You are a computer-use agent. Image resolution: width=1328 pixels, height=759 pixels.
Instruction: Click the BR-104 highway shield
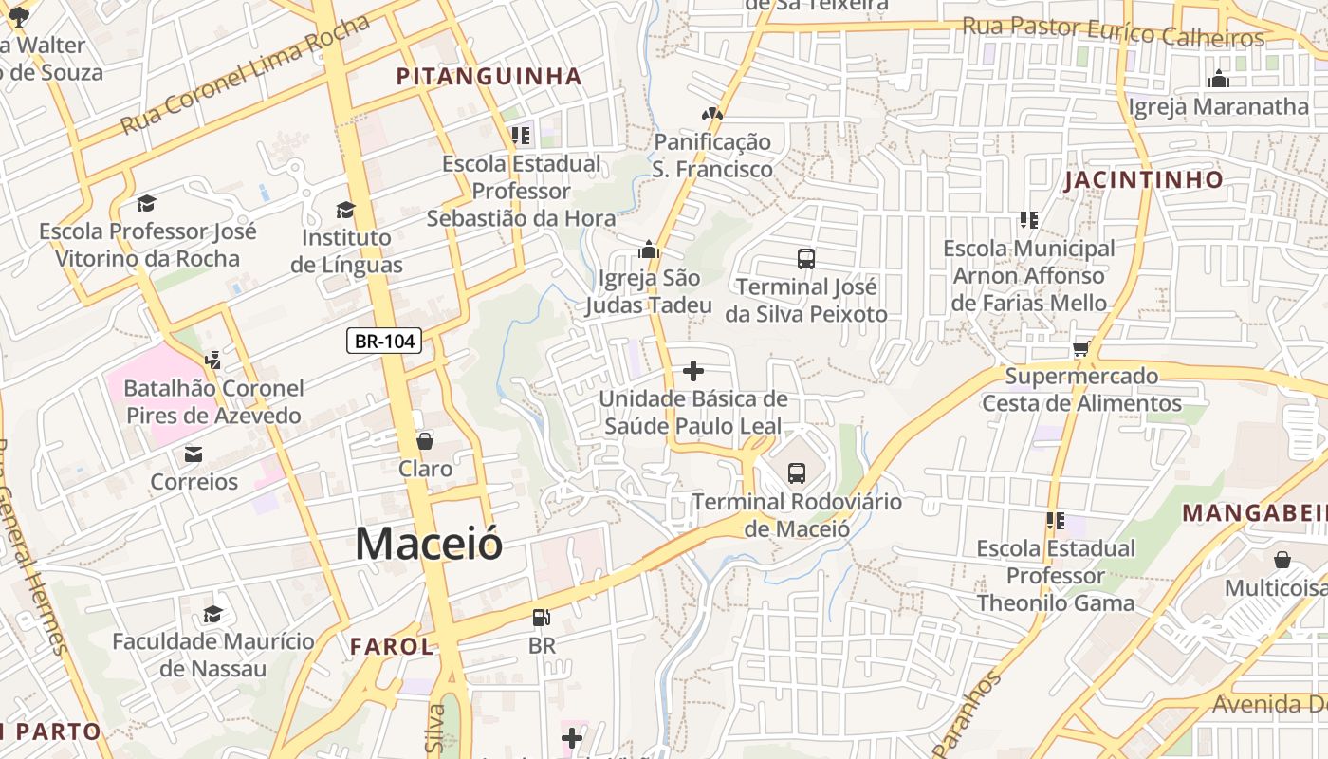click(x=384, y=341)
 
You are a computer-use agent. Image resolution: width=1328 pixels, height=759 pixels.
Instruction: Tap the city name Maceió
click(x=429, y=544)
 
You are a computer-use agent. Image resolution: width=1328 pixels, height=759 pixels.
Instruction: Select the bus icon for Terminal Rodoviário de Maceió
click(x=797, y=472)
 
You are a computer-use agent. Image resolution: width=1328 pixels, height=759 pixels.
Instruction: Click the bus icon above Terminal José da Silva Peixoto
click(x=806, y=258)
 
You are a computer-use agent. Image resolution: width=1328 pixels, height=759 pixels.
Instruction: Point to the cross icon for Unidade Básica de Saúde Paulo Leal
click(x=693, y=371)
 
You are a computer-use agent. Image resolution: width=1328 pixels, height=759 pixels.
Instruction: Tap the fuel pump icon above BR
click(x=541, y=618)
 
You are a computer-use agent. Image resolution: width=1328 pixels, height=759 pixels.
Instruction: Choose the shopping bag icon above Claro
click(x=425, y=441)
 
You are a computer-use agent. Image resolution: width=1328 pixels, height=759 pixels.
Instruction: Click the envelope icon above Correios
click(x=194, y=454)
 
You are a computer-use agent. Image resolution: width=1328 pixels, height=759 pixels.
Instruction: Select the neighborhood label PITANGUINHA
click(x=489, y=77)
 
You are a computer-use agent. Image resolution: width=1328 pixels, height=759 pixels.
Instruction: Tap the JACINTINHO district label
click(x=1144, y=179)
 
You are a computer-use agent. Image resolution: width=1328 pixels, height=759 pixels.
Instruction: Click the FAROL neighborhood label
click(x=392, y=647)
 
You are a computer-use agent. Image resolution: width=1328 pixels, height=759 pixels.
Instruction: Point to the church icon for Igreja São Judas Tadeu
click(x=649, y=250)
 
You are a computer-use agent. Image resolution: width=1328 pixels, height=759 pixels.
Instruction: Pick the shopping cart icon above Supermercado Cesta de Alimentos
click(x=1080, y=349)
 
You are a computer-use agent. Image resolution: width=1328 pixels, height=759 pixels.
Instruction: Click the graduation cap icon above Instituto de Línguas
click(x=345, y=210)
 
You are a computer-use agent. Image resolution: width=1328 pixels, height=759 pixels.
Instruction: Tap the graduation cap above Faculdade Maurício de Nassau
click(x=212, y=614)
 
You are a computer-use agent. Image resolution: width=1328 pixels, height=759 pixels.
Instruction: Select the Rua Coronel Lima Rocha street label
click(x=245, y=75)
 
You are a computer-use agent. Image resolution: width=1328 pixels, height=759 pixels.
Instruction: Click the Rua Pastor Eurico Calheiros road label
click(x=1114, y=32)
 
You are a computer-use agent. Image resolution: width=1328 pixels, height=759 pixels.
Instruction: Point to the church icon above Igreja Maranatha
click(x=1219, y=79)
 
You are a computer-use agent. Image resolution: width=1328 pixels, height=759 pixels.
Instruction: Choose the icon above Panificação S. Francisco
click(x=711, y=114)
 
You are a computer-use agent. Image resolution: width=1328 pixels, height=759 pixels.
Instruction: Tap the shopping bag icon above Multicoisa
click(x=1282, y=560)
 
